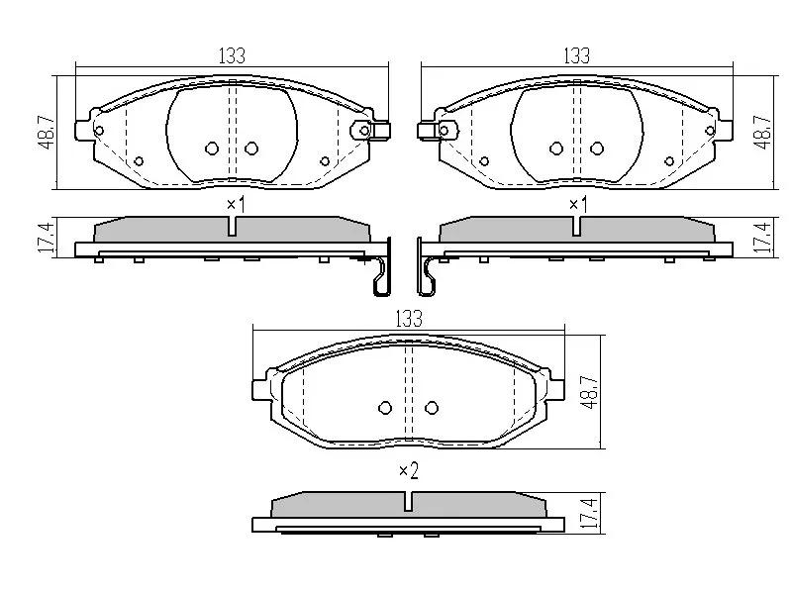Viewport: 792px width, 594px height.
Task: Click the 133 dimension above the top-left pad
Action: click(x=232, y=55)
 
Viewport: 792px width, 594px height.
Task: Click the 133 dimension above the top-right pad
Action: click(x=577, y=55)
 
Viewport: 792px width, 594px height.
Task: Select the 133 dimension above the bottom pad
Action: click(x=409, y=319)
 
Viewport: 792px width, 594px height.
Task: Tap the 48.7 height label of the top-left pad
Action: click(x=47, y=133)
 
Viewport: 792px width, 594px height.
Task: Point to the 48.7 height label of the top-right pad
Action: click(x=762, y=133)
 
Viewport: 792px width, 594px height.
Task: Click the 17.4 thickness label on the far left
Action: click(x=47, y=238)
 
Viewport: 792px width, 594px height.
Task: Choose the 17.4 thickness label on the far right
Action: click(x=762, y=238)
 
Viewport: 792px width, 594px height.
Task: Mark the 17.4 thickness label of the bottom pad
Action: click(x=589, y=513)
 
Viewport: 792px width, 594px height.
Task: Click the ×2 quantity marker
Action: click(x=409, y=471)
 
